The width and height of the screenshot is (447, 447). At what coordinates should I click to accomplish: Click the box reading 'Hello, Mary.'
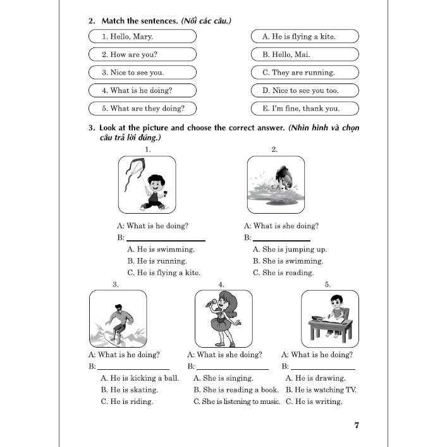tap(142, 37)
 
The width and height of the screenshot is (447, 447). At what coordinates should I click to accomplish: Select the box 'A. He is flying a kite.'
tap(305, 37)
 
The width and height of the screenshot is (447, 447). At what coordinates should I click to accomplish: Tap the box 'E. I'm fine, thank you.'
tap(305, 108)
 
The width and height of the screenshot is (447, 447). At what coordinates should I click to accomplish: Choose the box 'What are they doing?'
tap(142, 108)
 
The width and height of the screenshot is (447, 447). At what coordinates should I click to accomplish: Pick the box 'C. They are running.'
tap(305, 73)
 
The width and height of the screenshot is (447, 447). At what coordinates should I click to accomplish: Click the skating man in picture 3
tap(118, 321)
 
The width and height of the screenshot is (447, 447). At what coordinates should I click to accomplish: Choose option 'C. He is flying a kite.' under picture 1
tap(164, 273)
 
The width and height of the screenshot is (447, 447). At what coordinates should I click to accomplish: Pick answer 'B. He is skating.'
tap(129, 390)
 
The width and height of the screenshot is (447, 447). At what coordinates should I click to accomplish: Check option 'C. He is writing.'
tap(314, 401)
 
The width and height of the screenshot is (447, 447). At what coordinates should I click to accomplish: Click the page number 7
tap(357, 425)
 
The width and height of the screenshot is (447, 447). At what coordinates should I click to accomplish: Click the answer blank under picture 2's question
tap(281, 238)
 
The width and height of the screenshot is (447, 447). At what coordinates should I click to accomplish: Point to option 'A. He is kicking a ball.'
tap(140, 378)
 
